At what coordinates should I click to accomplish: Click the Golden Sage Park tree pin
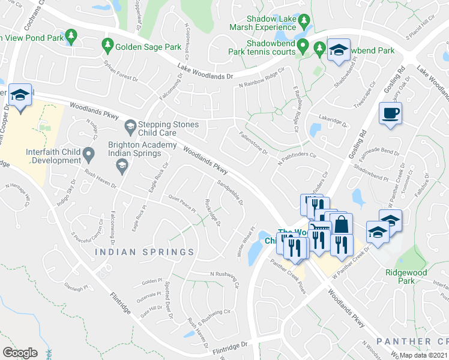click(108, 44)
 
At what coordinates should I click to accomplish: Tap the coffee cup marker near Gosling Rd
click(391, 113)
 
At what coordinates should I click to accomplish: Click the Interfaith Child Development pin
click(89, 155)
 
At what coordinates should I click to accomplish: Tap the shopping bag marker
click(341, 226)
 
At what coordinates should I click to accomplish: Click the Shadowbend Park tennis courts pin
click(304, 46)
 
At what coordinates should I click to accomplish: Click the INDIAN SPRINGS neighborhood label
click(144, 252)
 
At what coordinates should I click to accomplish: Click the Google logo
click(20, 352)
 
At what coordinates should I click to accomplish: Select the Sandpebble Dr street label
click(230, 193)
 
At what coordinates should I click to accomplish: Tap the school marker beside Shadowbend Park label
click(339, 50)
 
